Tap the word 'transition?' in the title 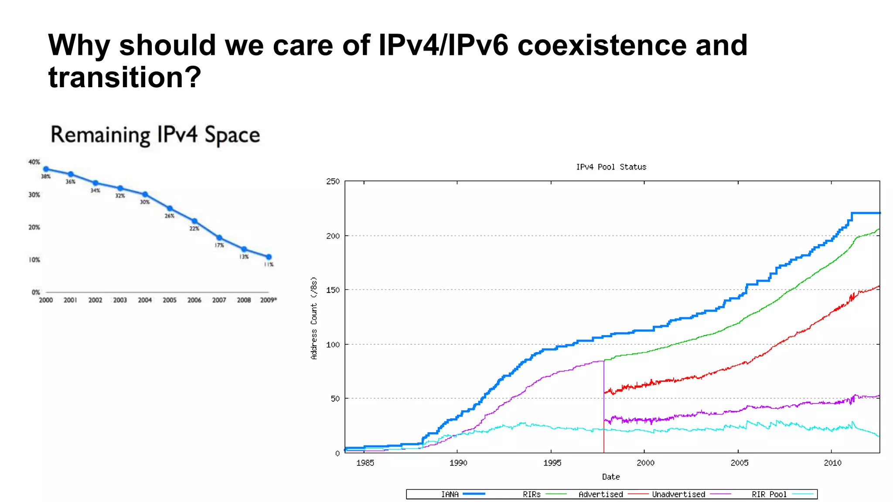[x=125, y=77]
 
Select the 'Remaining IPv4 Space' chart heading [x=155, y=135]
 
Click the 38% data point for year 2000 [x=46, y=169]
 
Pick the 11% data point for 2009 [x=269, y=257]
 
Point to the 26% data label [x=169, y=216]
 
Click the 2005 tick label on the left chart [x=169, y=300]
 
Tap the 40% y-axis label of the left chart [x=34, y=162]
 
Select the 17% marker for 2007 [x=219, y=237]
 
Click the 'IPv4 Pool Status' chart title [x=611, y=167]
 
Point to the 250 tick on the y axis [x=333, y=181]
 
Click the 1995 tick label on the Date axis [x=552, y=463]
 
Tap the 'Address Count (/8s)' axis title [x=314, y=318]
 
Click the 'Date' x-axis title [x=610, y=477]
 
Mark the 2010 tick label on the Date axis [x=832, y=463]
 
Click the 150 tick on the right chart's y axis [x=333, y=290]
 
